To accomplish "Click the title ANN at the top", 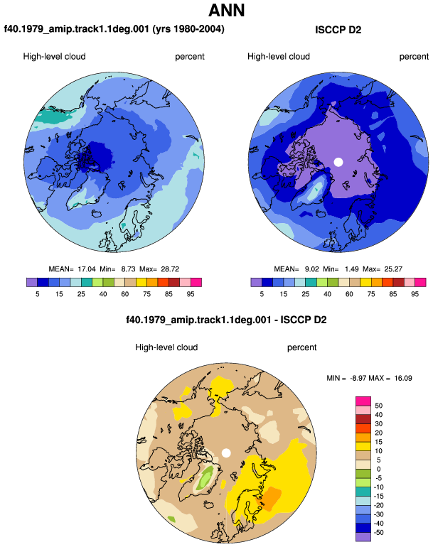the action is (x=227, y=10).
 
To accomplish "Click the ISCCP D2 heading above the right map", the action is (x=338, y=30).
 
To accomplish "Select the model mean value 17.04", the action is (x=87, y=269).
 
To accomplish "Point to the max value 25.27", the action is (x=393, y=269).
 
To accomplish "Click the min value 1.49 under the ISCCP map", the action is (x=351, y=269).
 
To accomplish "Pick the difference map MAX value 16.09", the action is (x=403, y=378).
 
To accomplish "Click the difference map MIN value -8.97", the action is (x=358, y=378).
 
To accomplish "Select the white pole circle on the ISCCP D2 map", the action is (x=338, y=162).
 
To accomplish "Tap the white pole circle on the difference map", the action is (x=226, y=453).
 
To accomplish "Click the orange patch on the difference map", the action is (x=269, y=499).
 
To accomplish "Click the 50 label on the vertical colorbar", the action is (x=378, y=406).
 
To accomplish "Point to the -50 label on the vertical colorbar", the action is (x=378, y=532).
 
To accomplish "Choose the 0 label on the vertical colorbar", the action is (x=378, y=469).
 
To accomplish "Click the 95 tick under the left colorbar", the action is (x=191, y=294).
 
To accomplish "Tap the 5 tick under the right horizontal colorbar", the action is (x=262, y=294).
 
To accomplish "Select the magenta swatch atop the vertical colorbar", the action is (x=363, y=401).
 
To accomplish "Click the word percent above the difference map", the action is (x=301, y=347).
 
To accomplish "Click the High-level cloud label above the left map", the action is (x=54, y=57).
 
